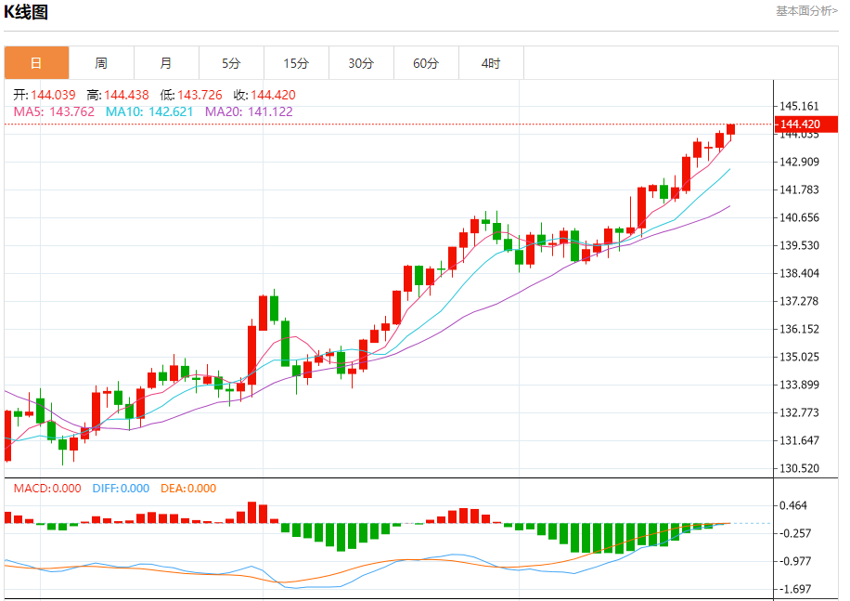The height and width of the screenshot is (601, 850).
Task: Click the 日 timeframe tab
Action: coord(36,63)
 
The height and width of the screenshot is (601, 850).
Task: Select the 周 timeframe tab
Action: coord(101,63)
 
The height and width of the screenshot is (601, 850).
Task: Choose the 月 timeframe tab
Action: coord(166,63)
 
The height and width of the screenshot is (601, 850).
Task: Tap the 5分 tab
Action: coord(231,63)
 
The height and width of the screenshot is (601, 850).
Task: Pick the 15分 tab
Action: coord(296,63)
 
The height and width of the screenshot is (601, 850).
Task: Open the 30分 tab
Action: coord(361,63)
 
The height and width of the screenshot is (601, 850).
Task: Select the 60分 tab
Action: coord(426,63)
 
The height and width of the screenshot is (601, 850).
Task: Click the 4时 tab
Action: coord(491,63)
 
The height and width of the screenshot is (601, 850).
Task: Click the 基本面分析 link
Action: coord(805,10)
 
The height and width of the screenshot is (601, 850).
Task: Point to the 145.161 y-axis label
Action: coord(799,106)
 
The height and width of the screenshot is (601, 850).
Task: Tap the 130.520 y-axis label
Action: coord(799,468)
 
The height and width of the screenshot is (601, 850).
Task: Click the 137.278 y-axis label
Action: coord(799,301)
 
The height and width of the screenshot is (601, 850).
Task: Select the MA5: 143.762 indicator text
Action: coord(54,111)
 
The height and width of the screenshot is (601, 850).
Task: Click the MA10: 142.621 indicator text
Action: coord(149,111)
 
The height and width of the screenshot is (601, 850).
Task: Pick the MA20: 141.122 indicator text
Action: coord(249,111)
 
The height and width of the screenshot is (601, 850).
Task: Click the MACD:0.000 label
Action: coord(47,489)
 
